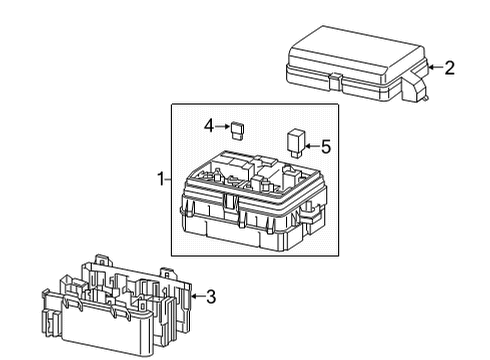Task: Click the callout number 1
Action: point(160,179)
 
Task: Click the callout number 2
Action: point(449,68)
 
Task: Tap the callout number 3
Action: point(210,296)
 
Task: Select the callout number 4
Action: point(209,126)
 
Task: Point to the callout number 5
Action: point(325,146)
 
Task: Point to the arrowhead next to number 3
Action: point(193,296)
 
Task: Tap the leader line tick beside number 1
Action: point(171,179)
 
